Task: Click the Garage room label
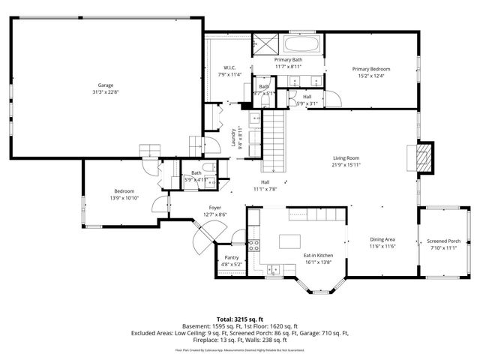pos(105,85)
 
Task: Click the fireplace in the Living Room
pos(424,158)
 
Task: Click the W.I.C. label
pos(230,69)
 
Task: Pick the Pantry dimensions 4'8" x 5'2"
pos(231,264)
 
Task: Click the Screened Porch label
pos(442,241)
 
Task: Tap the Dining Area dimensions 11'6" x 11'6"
pos(382,246)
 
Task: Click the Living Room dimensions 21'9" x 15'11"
pos(346,164)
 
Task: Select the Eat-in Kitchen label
pos(318,256)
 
